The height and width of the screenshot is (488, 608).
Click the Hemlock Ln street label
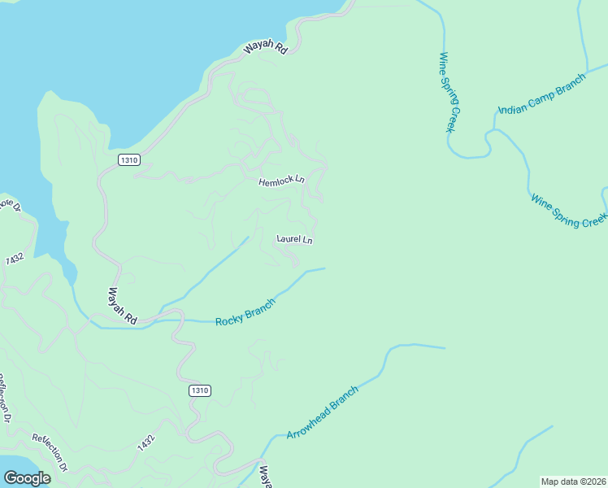coord(281,181)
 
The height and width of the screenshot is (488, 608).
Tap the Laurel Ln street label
coord(294,239)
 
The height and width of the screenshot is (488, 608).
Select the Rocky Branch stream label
coord(245,312)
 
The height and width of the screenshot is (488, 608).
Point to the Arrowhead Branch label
coord(322,412)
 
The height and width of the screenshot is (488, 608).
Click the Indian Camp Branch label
coord(541,94)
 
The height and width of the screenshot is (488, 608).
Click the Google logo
coord(27,478)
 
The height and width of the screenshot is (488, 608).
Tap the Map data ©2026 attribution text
coord(574,481)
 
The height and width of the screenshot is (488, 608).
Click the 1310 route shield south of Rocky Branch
coord(200,390)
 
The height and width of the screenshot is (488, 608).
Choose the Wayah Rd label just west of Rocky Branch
coord(123,306)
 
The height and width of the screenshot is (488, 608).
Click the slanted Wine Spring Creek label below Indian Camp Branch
coord(568,210)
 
